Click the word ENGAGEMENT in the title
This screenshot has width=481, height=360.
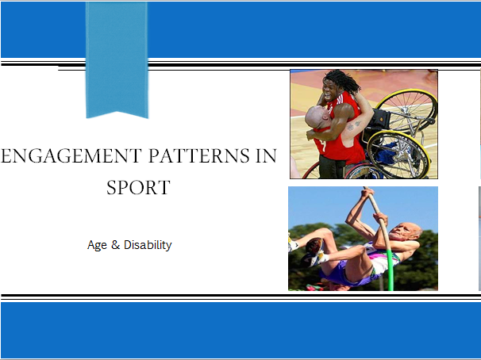71,155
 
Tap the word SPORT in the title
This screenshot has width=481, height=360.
138,187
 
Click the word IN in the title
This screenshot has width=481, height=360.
266,155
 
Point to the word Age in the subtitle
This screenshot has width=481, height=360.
97,245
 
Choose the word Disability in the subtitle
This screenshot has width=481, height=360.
148,245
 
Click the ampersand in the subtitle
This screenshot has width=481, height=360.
115,245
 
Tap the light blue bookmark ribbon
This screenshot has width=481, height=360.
117,58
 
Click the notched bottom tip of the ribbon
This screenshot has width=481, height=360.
117,112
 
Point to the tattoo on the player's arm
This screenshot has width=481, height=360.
353,125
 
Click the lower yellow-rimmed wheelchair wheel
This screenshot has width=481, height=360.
398,155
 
